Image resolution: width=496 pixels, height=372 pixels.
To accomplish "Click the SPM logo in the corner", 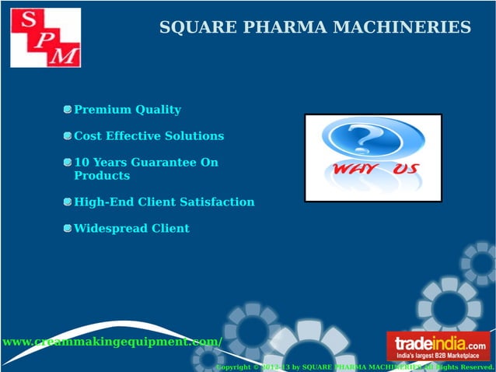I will coord(46,37).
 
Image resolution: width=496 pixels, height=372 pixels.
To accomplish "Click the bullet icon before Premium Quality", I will coord(68,110).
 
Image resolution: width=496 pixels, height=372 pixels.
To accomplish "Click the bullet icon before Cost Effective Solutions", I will coord(68,136).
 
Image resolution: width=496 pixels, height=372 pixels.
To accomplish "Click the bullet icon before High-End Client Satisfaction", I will coord(68,202).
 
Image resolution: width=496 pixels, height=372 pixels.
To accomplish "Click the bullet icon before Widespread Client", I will coord(68,229).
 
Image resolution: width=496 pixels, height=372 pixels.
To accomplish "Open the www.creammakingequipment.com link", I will coord(111,342).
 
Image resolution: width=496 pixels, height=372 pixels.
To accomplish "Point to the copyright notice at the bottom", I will coord(355,367).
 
